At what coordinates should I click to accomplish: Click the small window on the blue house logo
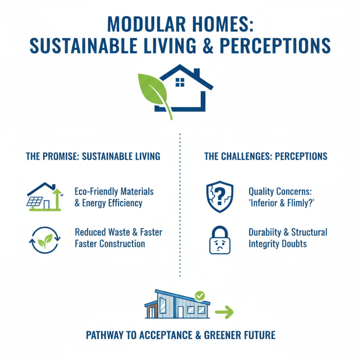tap(180, 82)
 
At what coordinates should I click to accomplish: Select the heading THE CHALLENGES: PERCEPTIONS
tap(266, 157)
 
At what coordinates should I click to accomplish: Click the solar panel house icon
tap(44, 196)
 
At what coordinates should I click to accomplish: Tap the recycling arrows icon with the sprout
tap(44, 238)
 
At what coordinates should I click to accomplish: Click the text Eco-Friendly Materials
tap(114, 191)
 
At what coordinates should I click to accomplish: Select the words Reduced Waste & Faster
tap(118, 232)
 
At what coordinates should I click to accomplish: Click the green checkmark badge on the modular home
tap(200, 296)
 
